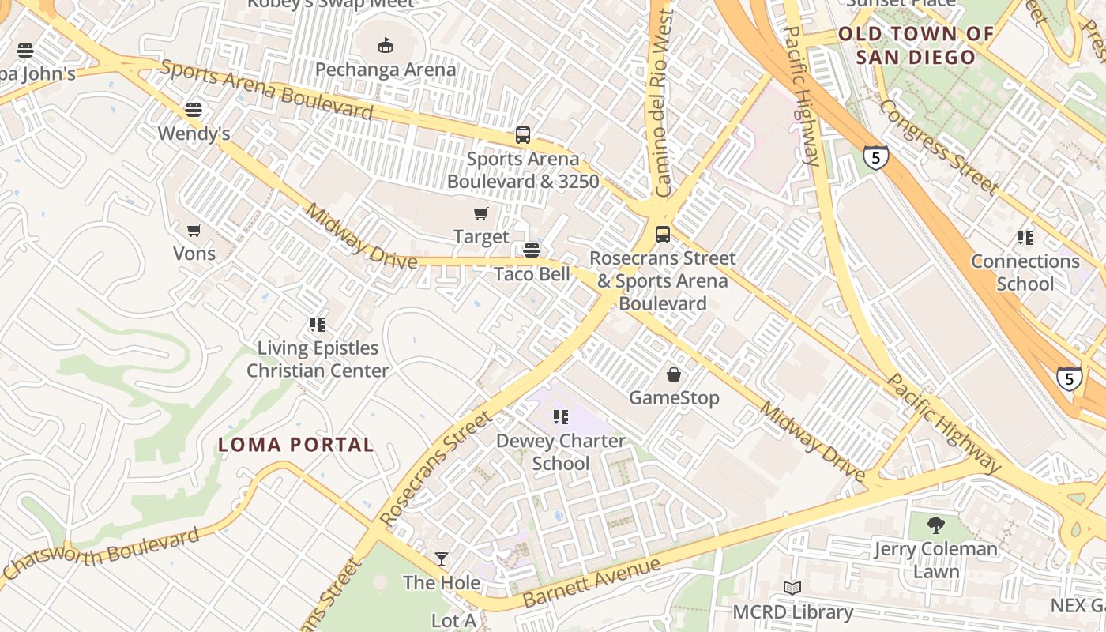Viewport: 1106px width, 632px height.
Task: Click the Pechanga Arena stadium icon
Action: pos(386,46)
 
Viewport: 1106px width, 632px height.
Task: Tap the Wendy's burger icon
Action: pos(194,110)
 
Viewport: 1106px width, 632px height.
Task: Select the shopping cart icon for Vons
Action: pos(194,230)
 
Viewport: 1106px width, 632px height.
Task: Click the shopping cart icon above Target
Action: pos(480,213)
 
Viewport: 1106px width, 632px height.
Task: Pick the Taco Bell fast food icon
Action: pos(532,250)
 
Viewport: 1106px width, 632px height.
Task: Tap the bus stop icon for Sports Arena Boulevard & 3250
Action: pos(522,135)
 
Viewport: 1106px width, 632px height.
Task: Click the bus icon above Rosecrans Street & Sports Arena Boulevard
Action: pos(662,235)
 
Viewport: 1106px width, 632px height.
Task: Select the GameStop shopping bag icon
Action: pos(674,374)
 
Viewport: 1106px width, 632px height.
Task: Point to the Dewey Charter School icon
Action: pos(560,417)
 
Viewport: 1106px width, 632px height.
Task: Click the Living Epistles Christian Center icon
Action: pos(318,325)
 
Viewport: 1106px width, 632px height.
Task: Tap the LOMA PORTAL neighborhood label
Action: pos(296,445)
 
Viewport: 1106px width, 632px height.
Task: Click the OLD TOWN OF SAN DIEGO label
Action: pos(916,45)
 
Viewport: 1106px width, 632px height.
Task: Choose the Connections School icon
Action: pos(1025,238)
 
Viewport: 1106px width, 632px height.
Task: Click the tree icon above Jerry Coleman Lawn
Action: pos(935,525)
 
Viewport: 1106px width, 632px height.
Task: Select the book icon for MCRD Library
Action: pos(792,589)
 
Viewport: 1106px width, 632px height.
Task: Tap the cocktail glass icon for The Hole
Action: pos(442,559)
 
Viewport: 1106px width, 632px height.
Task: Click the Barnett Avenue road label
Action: pos(591,582)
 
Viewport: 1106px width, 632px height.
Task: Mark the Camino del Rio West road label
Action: pos(662,103)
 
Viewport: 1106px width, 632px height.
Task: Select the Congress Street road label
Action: pos(937,148)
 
